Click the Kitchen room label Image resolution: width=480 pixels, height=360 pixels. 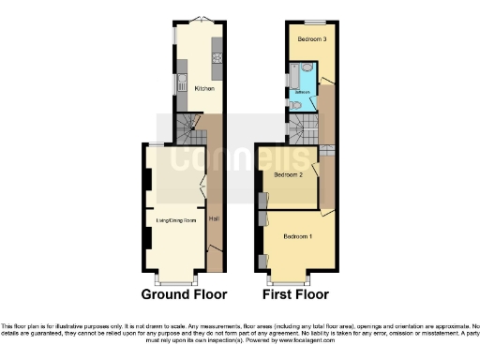203,89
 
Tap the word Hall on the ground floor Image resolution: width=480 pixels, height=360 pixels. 214,219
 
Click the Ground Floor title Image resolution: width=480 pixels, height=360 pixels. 184,294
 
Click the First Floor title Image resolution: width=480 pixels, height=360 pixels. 295,294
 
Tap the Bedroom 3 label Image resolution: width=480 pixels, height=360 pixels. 312,39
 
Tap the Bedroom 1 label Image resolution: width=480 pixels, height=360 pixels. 299,234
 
